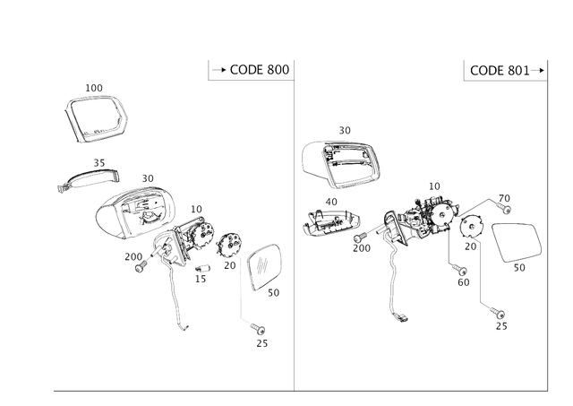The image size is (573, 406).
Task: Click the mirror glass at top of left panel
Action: tap(97, 117)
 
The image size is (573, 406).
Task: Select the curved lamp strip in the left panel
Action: tap(87, 177)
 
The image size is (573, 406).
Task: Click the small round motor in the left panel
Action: tap(230, 243)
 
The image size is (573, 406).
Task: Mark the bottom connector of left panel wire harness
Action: tap(261, 337)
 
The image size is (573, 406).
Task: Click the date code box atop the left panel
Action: tap(250, 70)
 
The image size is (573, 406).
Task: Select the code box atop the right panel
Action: tap(505, 70)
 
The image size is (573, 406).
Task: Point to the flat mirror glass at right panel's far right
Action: tap(516, 242)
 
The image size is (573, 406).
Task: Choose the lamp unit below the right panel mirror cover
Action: tap(330, 222)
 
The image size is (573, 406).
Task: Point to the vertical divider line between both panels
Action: tap(295, 224)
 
